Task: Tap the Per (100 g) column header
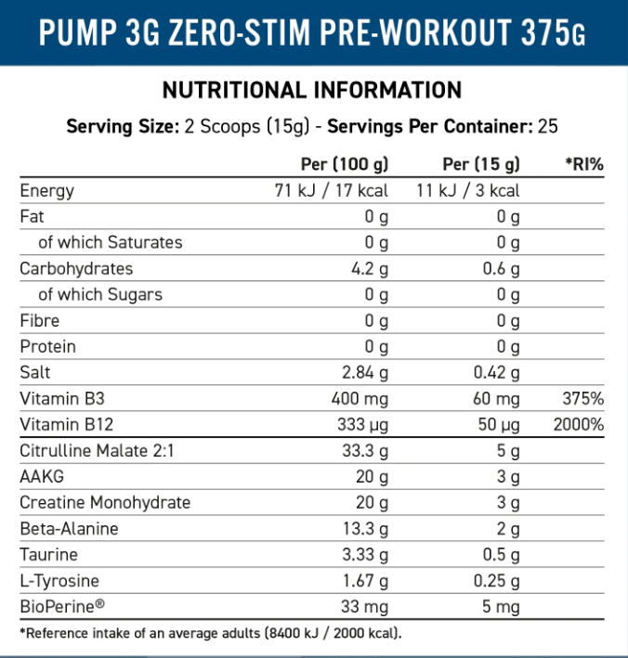(x=345, y=164)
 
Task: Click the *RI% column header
(x=584, y=164)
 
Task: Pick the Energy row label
(x=47, y=191)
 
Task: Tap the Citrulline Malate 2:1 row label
(x=97, y=451)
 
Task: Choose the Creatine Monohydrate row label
(x=106, y=502)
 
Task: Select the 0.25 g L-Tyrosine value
(x=494, y=581)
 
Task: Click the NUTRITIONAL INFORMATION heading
(x=312, y=90)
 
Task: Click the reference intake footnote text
(x=210, y=633)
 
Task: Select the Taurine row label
(x=48, y=555)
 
